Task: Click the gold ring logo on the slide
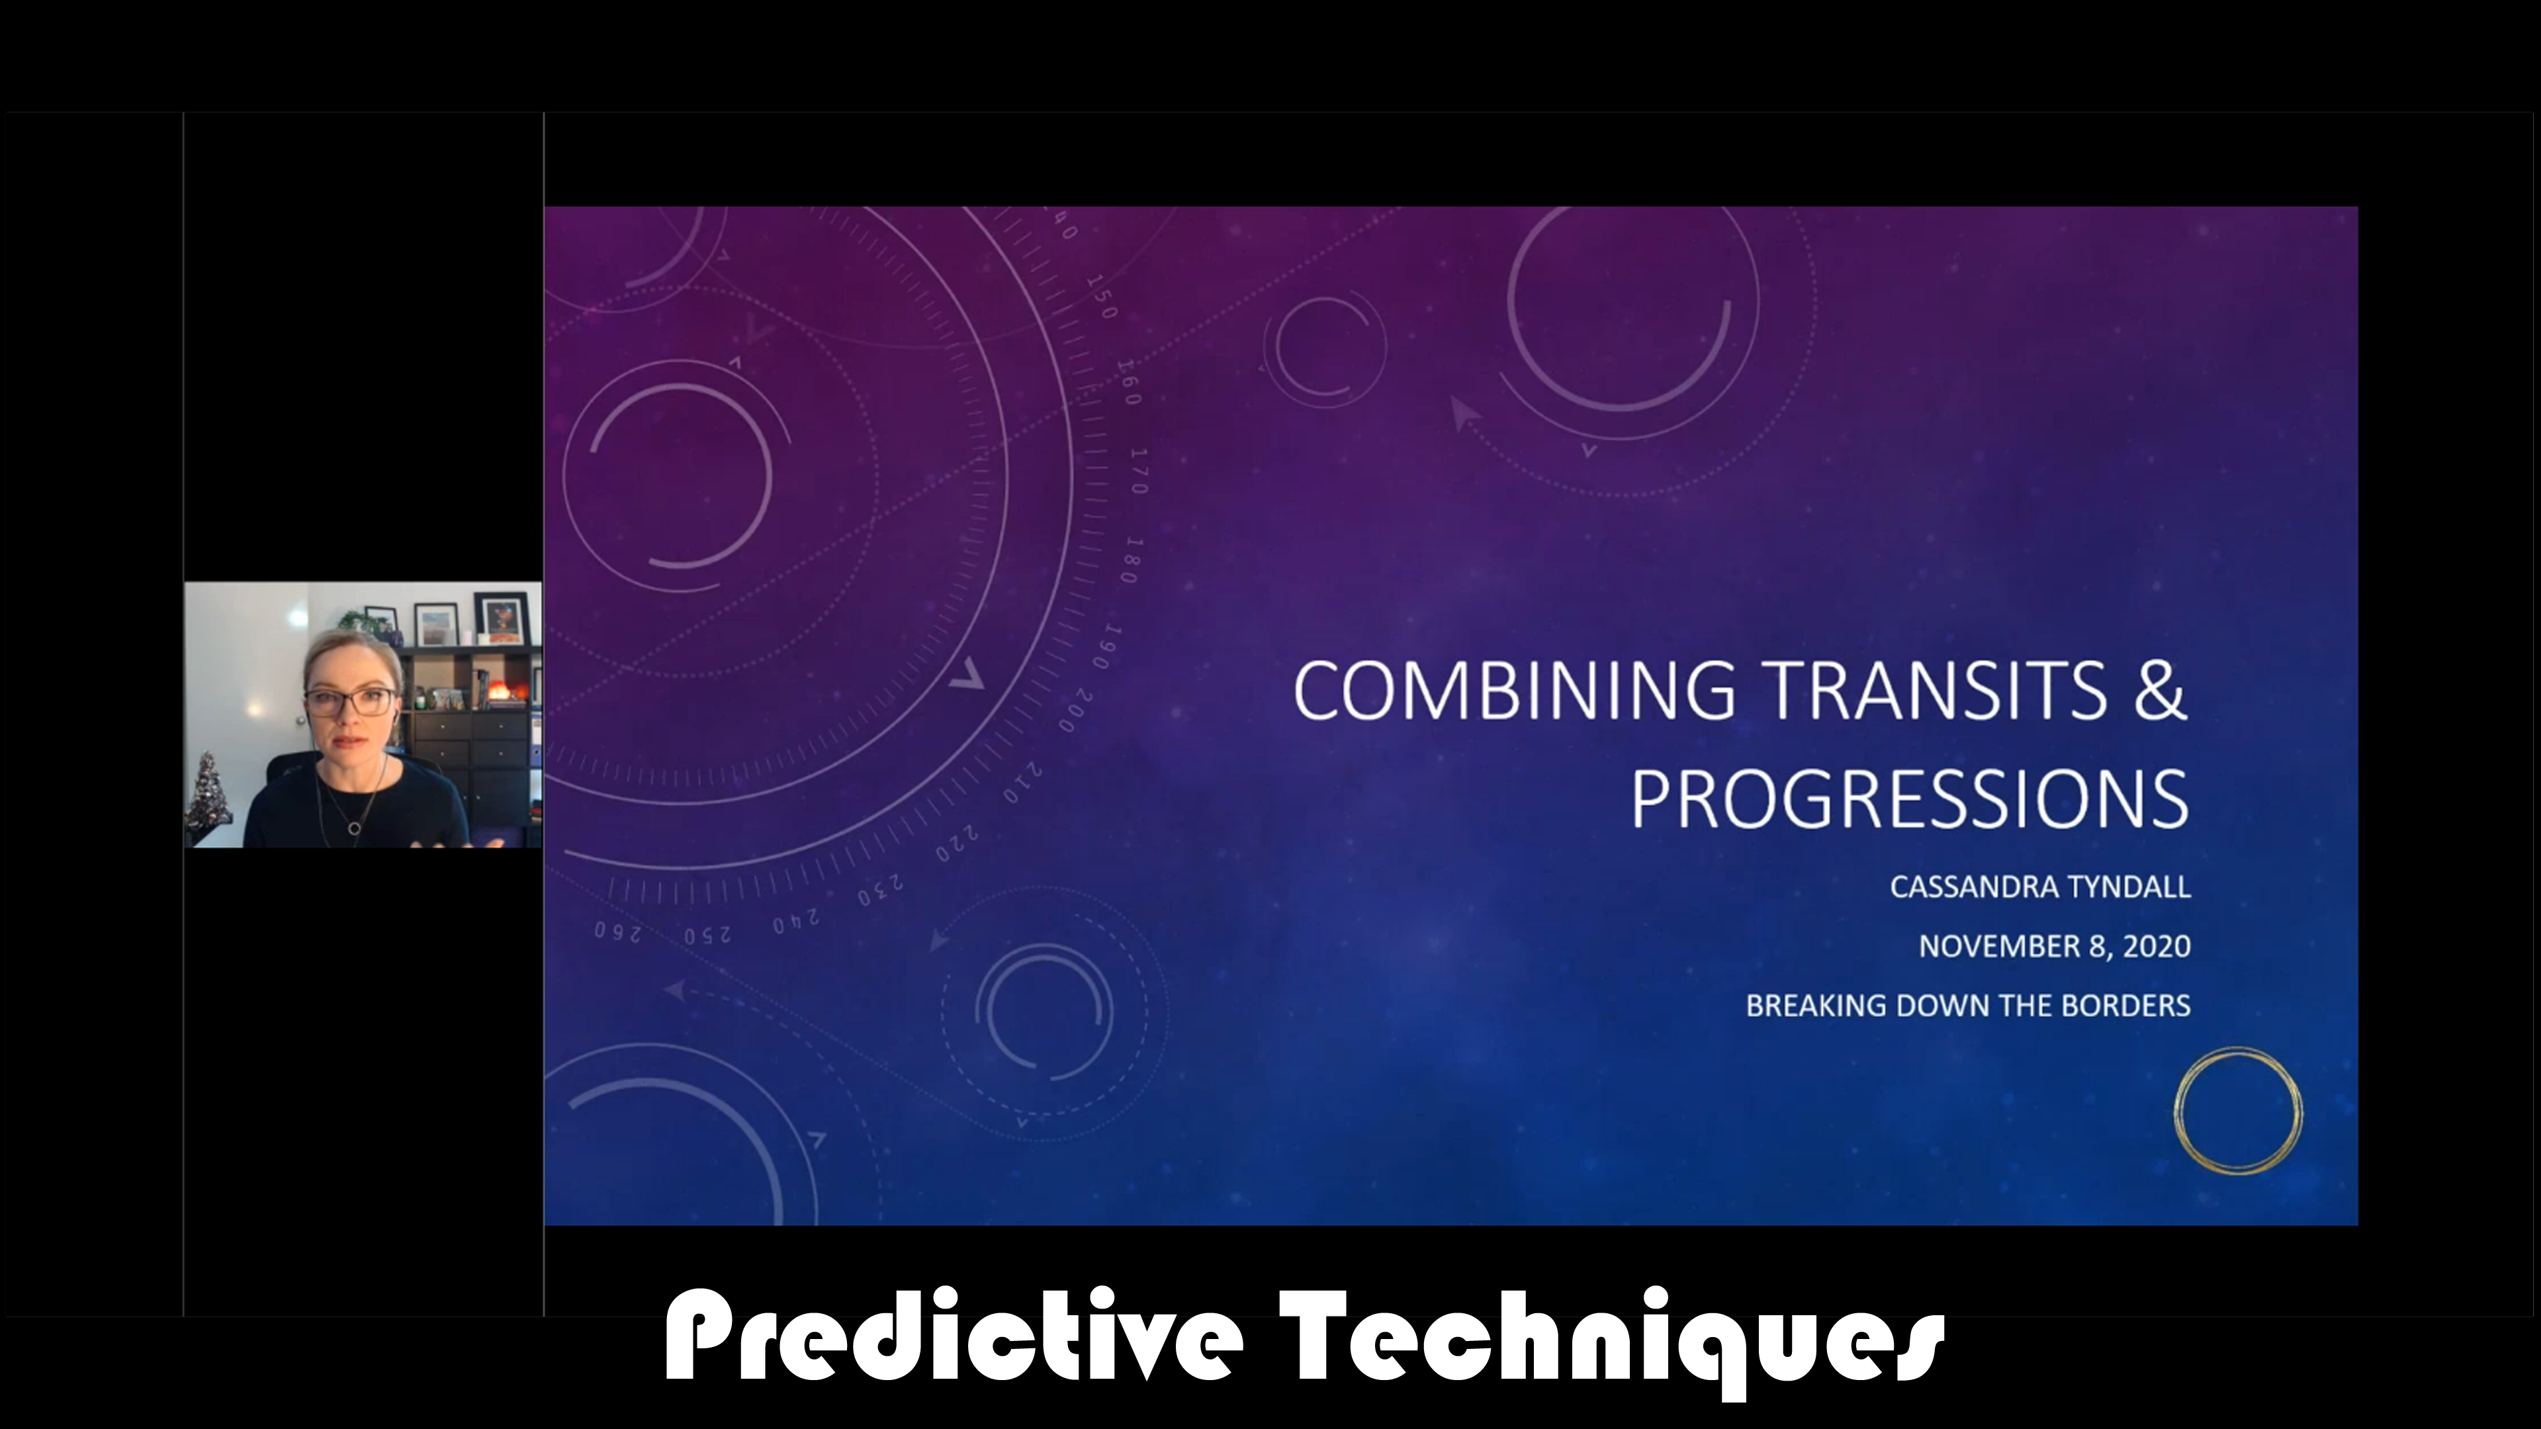coord(2237,1111)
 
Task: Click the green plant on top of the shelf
coord(353,621)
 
